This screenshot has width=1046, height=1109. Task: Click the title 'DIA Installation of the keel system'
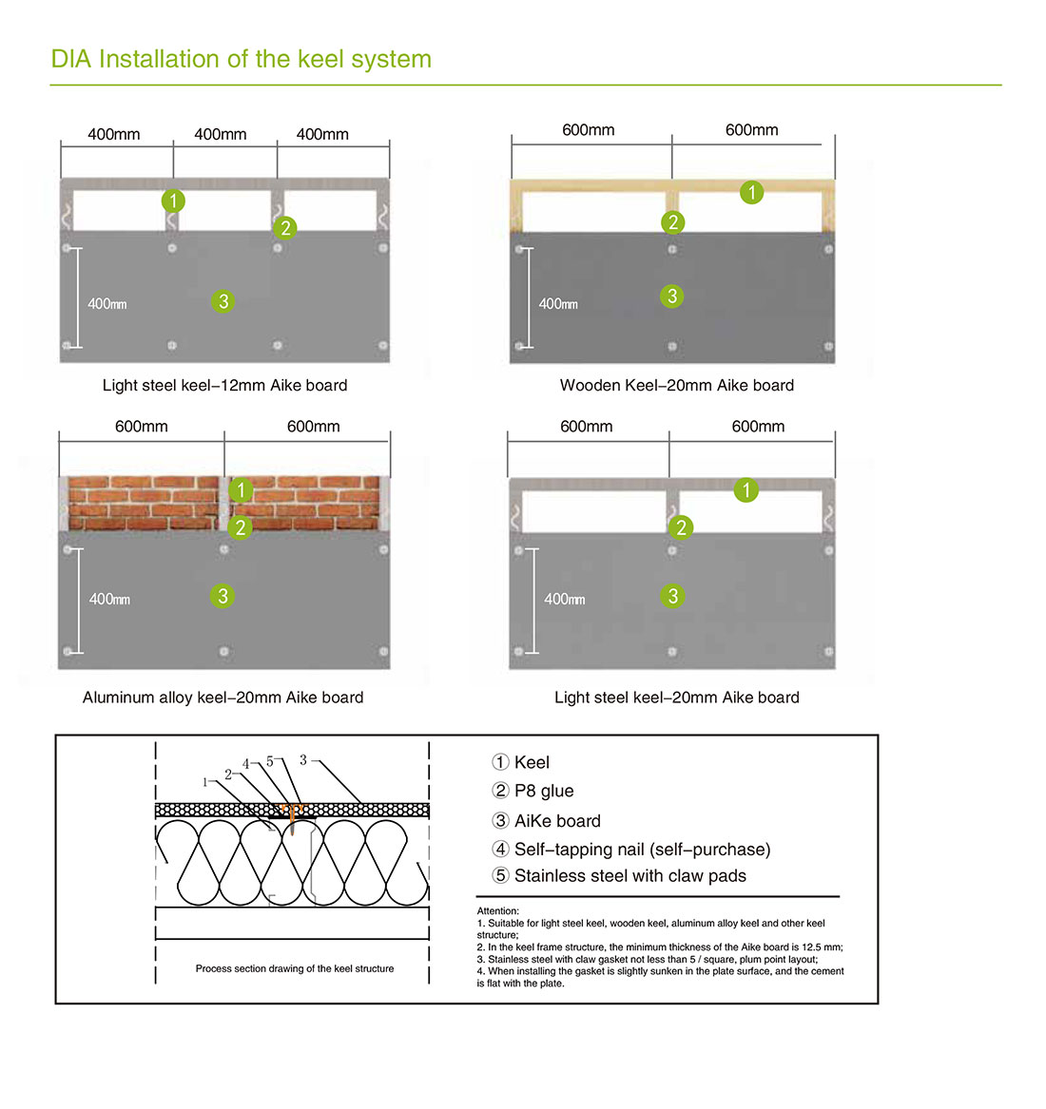(241, 59)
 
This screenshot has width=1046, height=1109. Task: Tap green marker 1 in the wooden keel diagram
(751, 192)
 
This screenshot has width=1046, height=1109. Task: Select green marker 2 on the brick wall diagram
(241, 527)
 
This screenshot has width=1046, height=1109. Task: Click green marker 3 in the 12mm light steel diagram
(223, 301)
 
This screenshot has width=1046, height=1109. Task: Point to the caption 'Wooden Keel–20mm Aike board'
(676, 385)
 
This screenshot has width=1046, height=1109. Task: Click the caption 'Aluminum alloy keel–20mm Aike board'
(223, 698)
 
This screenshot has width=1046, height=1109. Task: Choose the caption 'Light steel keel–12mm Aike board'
(224, 385)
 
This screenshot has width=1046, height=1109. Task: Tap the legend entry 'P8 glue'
(543, 791)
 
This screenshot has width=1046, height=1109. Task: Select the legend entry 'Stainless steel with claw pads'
(630, 876)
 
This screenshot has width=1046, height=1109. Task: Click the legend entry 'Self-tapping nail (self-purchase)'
(642, 850)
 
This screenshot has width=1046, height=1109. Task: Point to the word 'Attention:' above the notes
(498, 911)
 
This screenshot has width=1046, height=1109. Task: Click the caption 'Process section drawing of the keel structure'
(295, 968)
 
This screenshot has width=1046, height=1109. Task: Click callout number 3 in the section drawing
(303, 759)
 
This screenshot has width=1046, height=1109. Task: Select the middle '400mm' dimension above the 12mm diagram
(221, 135)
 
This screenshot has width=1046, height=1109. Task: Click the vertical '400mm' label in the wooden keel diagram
(558, 304)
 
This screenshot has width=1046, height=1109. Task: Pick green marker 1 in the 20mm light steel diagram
(746, 490)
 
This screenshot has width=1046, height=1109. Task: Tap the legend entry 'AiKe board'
(557, 821)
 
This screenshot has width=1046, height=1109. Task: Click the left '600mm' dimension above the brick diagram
(142, 427)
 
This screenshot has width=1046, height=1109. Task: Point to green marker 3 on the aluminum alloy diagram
(223, 596)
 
